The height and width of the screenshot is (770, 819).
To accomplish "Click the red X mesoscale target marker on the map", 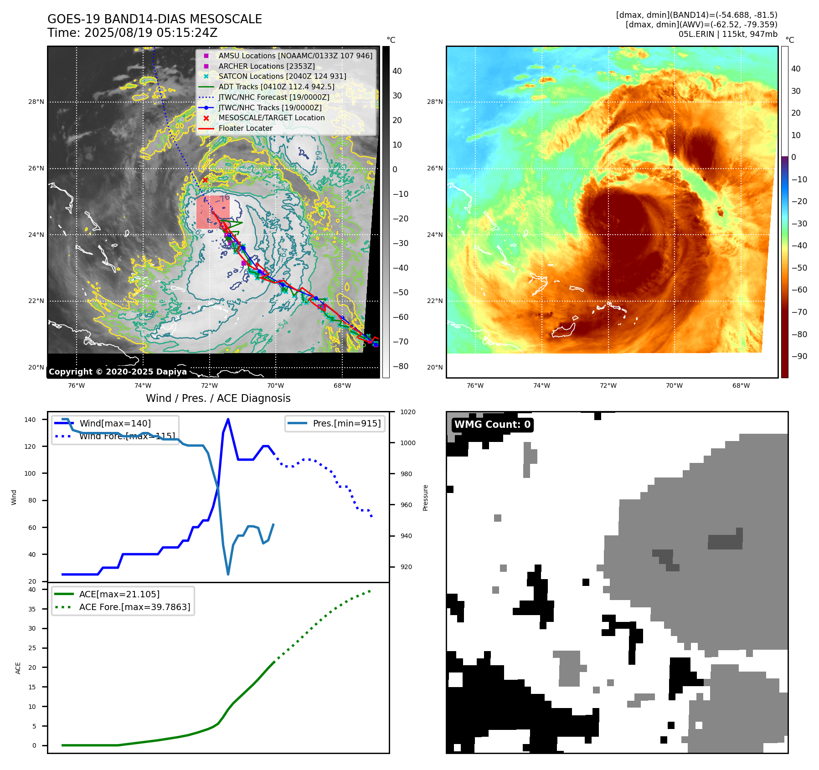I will (x=205, y=180).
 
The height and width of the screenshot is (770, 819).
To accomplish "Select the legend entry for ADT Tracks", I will (x=276, y=87).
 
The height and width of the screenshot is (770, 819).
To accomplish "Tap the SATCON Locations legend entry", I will (x=282, y=76).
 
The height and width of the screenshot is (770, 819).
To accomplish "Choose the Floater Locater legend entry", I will (x=245, y=128).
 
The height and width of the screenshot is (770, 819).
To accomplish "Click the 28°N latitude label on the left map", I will (x=36, y=102).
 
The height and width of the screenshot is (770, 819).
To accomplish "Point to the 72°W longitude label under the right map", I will (x=608, y=385).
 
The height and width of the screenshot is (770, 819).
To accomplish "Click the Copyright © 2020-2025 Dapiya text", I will (x=118, y=372).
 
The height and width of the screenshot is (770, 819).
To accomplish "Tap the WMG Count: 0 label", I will (x=492, y=425).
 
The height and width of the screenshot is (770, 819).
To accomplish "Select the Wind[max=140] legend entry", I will (x=115, y=423).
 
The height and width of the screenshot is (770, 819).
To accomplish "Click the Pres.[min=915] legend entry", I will (x=346, y=423).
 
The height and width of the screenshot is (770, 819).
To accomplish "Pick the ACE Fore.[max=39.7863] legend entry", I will (x=134, y=607).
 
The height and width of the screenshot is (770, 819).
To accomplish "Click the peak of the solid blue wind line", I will (x=228, y=419).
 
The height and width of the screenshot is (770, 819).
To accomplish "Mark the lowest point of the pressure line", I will (x=228, y=574).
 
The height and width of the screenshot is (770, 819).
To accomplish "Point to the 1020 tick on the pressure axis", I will (x=408, y=412).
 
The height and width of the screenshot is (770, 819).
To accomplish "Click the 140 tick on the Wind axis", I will (x=30, y=420).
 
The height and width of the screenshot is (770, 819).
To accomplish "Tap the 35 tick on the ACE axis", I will (x=32, y=609).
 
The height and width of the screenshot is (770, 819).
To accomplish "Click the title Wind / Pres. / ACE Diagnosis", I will (x=218, y=398).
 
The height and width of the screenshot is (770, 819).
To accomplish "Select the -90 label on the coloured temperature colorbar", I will (x=799, y=356).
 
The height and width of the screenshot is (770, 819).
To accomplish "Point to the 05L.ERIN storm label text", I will (x=696, y=34).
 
